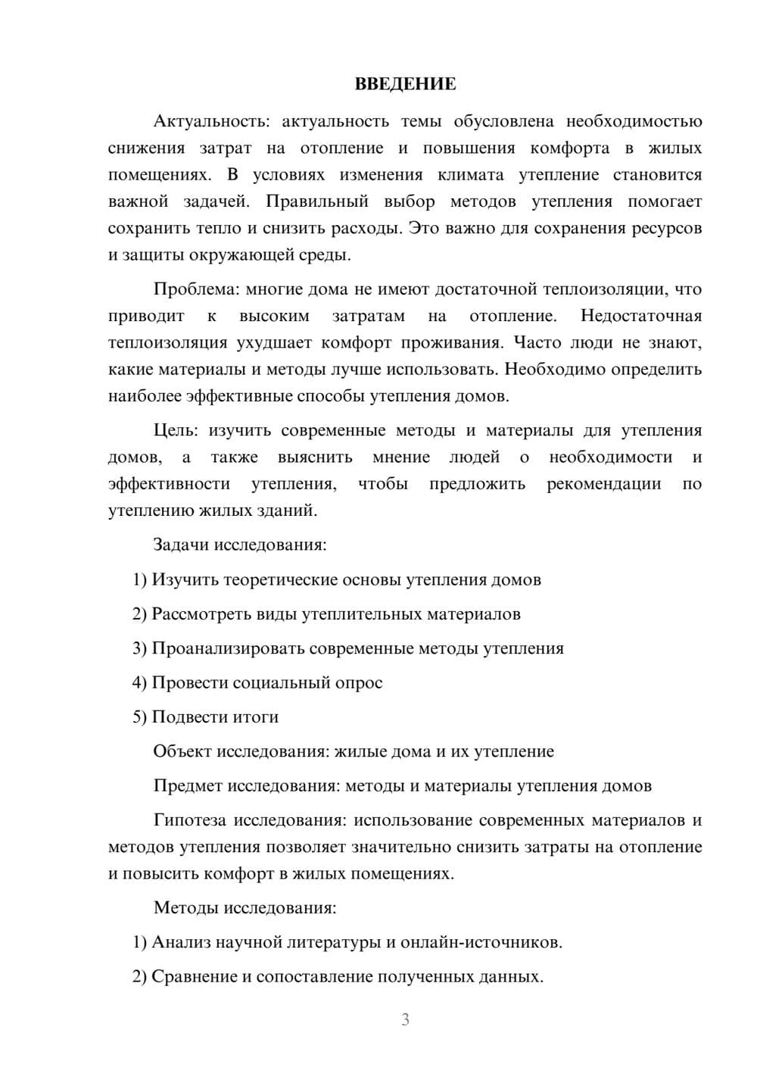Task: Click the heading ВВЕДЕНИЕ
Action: [x=405, y=84]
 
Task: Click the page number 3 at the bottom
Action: [x=405, y=1019]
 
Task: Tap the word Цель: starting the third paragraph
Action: [x=176, y=430]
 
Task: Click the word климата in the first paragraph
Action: [x=470, y=175]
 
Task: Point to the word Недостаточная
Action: [x=640, y=316]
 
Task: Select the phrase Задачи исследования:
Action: [x=240, y=545]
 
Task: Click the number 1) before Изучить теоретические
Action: [x=139, y=579]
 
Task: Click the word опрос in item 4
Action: [x=359, y=683]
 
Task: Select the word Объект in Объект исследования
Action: [x=182, y=751]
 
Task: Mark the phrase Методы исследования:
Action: [x=245, y=907]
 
